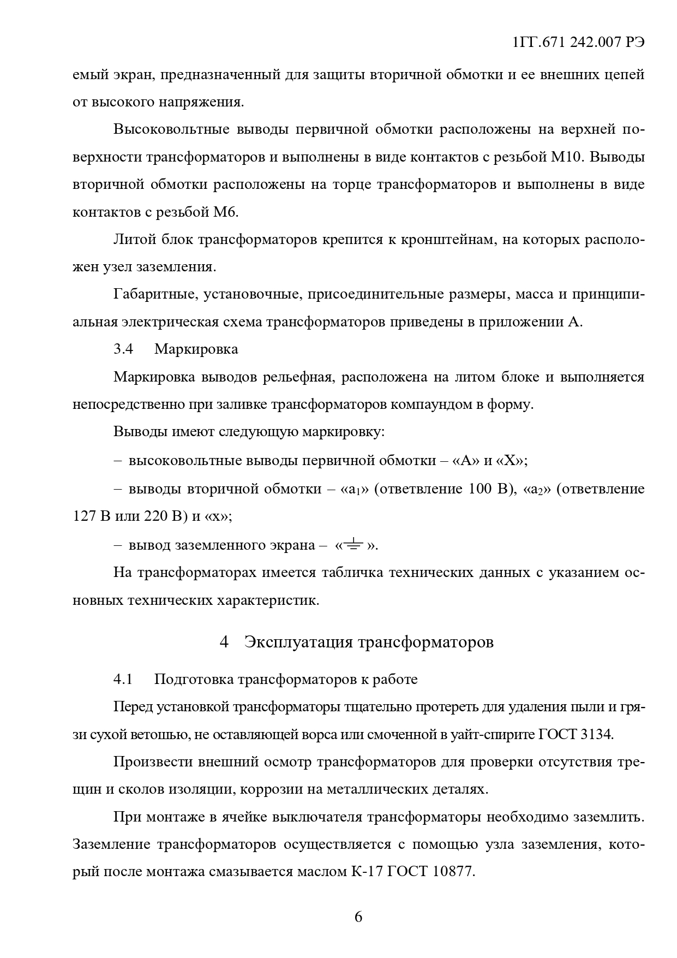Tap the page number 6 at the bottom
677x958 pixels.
(x=358, y=917)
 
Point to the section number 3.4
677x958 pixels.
(x=123, y=349)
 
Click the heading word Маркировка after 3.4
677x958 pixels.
(x=196, y=349)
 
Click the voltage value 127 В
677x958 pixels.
(x=92, y=516)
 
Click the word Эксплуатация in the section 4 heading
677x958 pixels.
(x=298, y=642)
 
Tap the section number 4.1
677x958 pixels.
(x=123, y=679)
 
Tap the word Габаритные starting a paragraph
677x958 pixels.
(x=154, y=295)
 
